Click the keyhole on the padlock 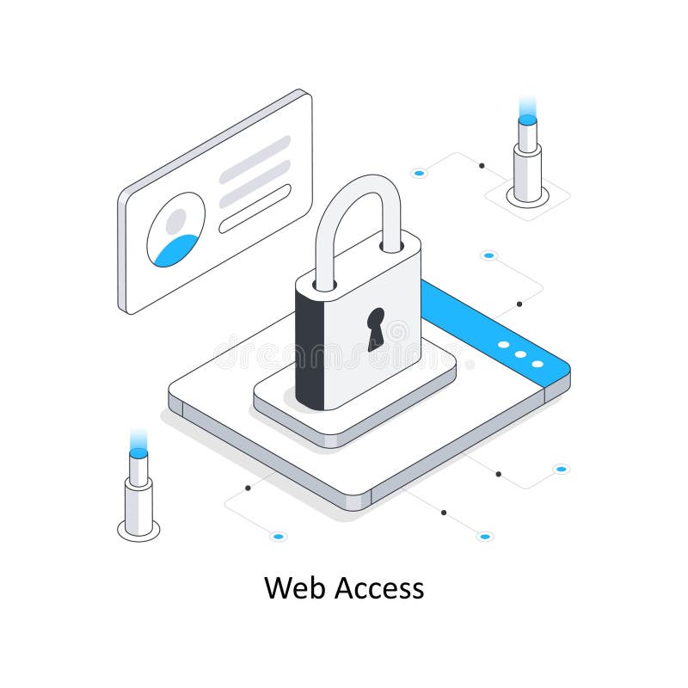click(x=376, y=329)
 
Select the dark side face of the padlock click(x=310, y=348)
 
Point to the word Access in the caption click(x=378, y=588)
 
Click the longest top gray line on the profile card click(x=255, y=160)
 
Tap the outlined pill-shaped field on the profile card click(x=255, y=209)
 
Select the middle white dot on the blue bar click(x=520, y=354)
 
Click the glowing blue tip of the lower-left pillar click(x=138, y=451)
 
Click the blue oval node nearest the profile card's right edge click(x=419, y=174)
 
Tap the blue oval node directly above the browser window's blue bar click(x=488, y=255)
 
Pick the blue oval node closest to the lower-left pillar click(x=277, y=537)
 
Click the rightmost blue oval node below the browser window click(x=561, y=469)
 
